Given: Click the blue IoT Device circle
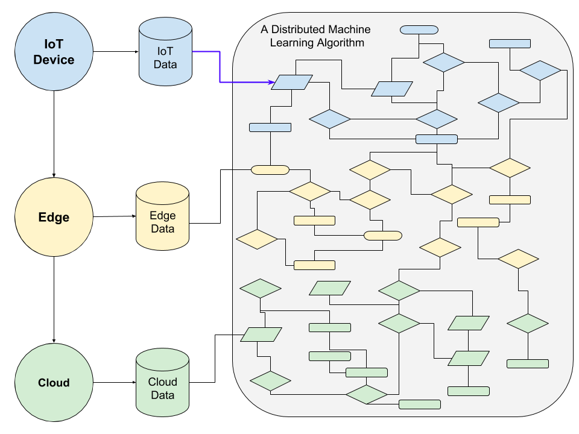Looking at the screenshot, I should [x=54, y=52].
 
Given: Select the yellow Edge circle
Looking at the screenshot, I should [x=54, y=217].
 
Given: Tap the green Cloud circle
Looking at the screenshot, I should [x=54, y=382].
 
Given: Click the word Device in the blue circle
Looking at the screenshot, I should [x=54, y=60].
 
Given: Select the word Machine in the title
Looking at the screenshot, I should [x=349, y=30].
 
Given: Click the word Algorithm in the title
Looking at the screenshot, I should [x=343, y=43].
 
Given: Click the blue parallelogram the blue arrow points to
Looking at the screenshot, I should [x=292, y=82].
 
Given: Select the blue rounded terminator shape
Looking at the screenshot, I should [x=419, y=30].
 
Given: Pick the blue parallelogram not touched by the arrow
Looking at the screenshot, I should [x=392, y=89].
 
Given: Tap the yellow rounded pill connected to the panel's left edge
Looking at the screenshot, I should [x=270, y=170].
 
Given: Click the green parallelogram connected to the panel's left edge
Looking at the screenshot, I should [x=261, y=335].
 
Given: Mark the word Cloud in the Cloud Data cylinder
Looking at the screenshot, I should [x=163, y=382].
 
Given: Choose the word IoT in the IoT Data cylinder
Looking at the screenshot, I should [x=165, y=51].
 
